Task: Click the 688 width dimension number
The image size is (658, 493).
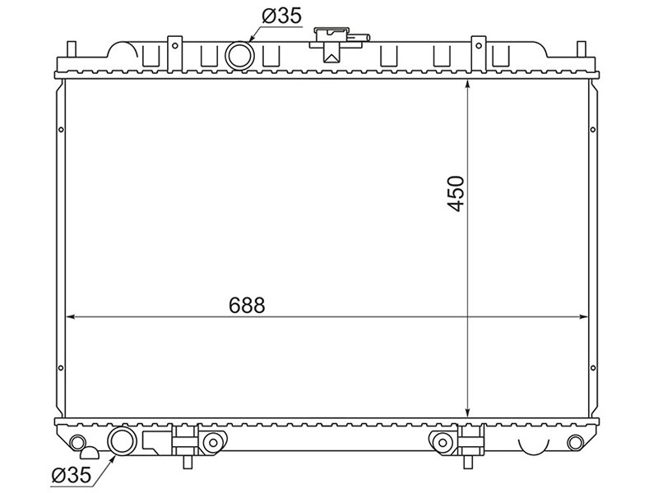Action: point(247,305)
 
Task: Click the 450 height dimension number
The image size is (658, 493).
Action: point(456,193)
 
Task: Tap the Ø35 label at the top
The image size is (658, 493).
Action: point(281,16)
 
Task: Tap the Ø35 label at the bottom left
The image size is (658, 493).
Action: point(71,475)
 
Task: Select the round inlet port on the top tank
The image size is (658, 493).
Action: point(239,56)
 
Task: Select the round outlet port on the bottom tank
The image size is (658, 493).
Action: point(122,440)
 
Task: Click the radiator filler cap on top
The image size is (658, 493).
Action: point(331,44)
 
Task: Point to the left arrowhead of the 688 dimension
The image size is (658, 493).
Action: point(71,317)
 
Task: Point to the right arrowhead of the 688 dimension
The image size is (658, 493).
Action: point(583,317)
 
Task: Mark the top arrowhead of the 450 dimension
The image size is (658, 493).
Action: point(467,85)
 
